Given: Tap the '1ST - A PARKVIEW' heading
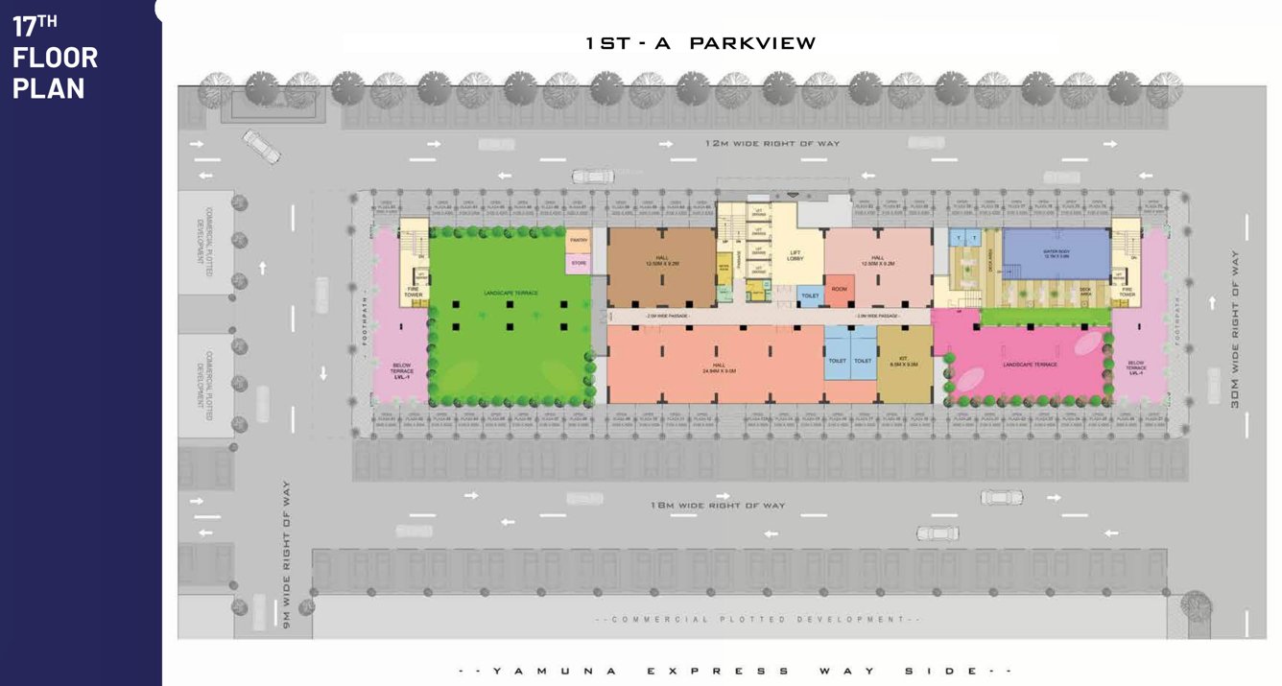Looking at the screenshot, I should [700, 43].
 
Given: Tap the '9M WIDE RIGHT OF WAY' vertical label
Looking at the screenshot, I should [286, 556].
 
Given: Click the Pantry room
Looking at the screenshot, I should [578, 241].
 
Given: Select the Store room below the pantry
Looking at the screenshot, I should [578, 262].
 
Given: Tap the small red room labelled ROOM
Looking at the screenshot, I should [839, 290].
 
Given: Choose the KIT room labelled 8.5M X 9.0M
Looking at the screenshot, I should [904, 364].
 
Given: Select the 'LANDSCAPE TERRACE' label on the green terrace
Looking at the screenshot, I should [512, 293].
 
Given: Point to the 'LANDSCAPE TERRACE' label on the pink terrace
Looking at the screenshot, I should [1030, 365].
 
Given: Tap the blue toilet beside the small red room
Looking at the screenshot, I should [810, 296].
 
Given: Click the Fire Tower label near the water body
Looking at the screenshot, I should [1127, 293].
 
